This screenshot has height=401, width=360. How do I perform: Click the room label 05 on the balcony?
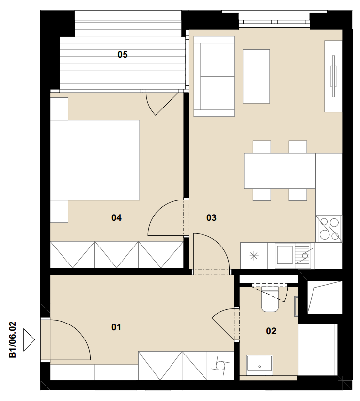tap(122, 54)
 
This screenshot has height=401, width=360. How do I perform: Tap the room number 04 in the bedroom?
tap(116, 218)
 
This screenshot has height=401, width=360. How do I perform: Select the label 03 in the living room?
tap(211, 218)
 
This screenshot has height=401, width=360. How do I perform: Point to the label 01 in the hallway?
tap(116, 327)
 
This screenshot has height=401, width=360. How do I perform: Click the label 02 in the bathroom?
tap(271, 331)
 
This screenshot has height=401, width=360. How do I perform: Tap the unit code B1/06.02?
tap(13, 339)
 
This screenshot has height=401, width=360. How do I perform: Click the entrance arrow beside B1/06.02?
tap(29, 339)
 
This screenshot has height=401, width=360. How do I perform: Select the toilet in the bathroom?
tap(270, 299)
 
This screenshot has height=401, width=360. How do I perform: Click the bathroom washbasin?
tap(259, 363)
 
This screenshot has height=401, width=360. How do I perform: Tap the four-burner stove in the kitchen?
tap(329, 229)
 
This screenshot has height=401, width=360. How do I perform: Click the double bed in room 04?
tap(95, 160)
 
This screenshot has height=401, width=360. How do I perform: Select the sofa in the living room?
tap(214, 76)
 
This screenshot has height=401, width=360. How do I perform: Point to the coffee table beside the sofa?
tap(256, 77)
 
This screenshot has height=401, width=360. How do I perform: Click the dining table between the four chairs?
tap(280, 171)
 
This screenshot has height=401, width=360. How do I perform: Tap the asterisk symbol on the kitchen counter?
tap(254, 256)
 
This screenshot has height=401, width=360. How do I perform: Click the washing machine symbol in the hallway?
tap(220, 366)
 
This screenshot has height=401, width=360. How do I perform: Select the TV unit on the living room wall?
tap(333, 76)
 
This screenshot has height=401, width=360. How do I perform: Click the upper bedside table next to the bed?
tap(59, 108)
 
